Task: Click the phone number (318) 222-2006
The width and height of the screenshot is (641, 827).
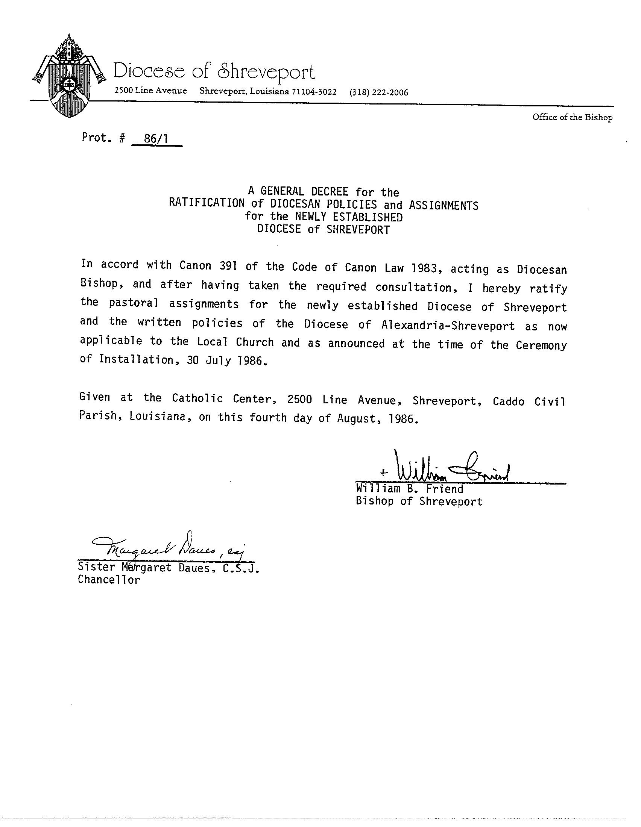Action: coord(379,92)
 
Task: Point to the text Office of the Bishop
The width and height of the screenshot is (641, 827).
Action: coord(572,117)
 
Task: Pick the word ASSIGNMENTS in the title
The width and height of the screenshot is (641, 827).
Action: coord(443,206)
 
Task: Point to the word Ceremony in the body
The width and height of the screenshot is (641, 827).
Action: coord(541,346)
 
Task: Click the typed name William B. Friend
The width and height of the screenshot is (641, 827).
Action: coord(409,489)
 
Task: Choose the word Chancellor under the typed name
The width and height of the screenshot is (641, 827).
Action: coord(109,580)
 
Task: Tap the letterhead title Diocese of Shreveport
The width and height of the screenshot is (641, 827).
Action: coord(214,71)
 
